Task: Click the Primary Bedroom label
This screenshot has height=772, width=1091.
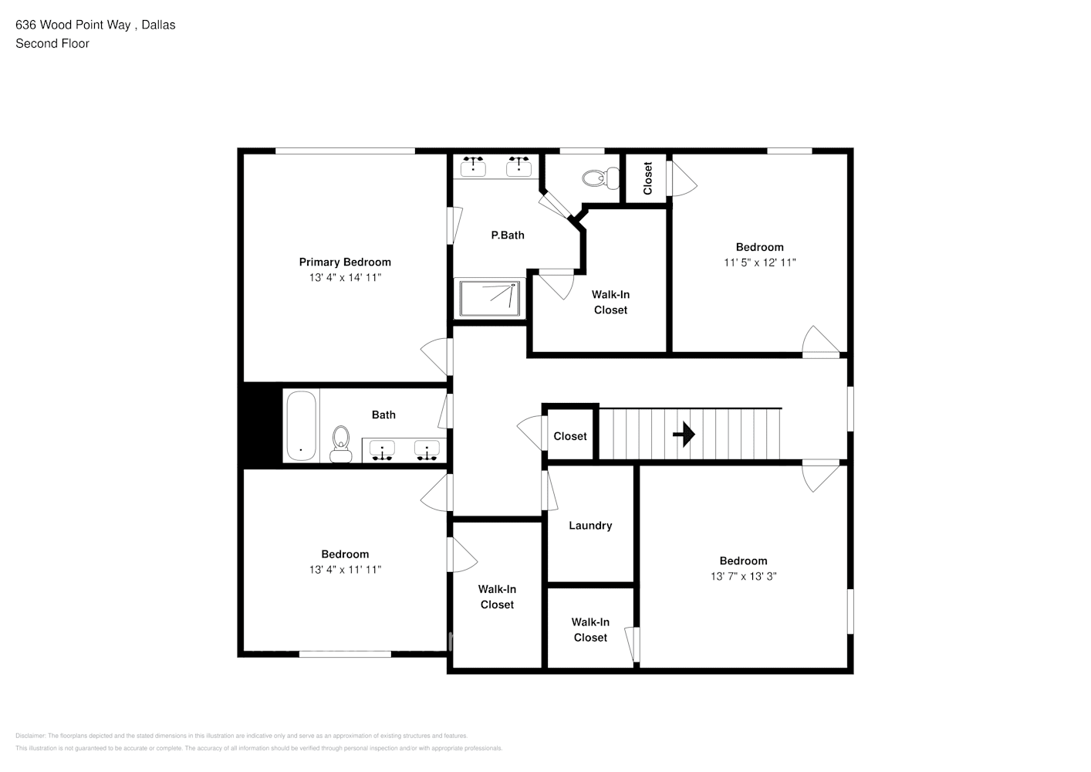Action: point(345,262)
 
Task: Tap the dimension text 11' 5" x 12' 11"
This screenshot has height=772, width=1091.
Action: point(759,262)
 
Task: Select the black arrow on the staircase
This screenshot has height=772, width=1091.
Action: point(684,435)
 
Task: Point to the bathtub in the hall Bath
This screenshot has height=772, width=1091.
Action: point(300,426)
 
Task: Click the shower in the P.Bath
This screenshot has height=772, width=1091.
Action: point(490,298)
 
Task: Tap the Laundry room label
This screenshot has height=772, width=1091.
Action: point(590,526)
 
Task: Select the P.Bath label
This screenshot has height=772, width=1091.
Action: point(508,235)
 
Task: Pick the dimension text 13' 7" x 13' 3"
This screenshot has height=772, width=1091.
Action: point(743,577)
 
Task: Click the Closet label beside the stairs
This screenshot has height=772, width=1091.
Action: point(570,437)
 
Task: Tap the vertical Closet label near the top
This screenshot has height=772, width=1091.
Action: point(647,178)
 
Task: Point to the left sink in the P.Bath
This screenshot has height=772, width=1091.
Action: point(473,166)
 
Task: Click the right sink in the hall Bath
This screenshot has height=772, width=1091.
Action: point(427,449)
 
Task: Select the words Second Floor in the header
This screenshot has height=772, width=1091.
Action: point(52,44)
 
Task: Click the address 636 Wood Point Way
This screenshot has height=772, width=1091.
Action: point(74,25)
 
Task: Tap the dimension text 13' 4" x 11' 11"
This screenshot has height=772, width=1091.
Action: point(345,570)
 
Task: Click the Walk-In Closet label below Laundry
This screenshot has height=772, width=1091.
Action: point(590,630)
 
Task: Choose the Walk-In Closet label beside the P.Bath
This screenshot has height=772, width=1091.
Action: point(610,302)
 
